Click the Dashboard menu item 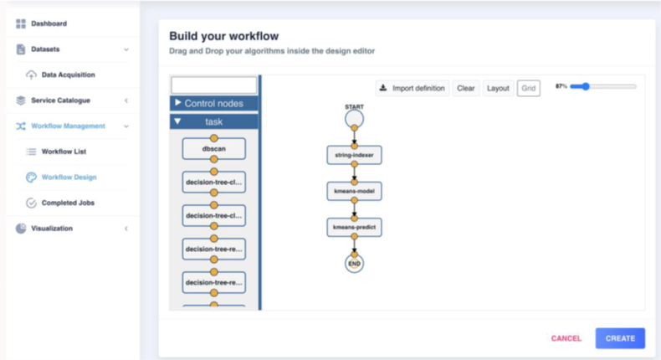coord(49,23)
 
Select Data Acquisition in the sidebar coord(68,75)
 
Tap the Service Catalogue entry coord(60,100)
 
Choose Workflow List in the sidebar coord(64,152)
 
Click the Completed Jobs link coord(69,203)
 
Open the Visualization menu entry coord(51,229)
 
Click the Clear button coord(466,88)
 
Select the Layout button coord(498,88)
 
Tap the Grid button coord(529,88)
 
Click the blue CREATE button coord(620,338)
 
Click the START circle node coord(354,119)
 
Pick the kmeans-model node coord(354,191)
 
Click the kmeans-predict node coord(354,227)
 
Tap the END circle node coord(354,263)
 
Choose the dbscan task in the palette coord(213,149)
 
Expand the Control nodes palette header coord(214,103)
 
